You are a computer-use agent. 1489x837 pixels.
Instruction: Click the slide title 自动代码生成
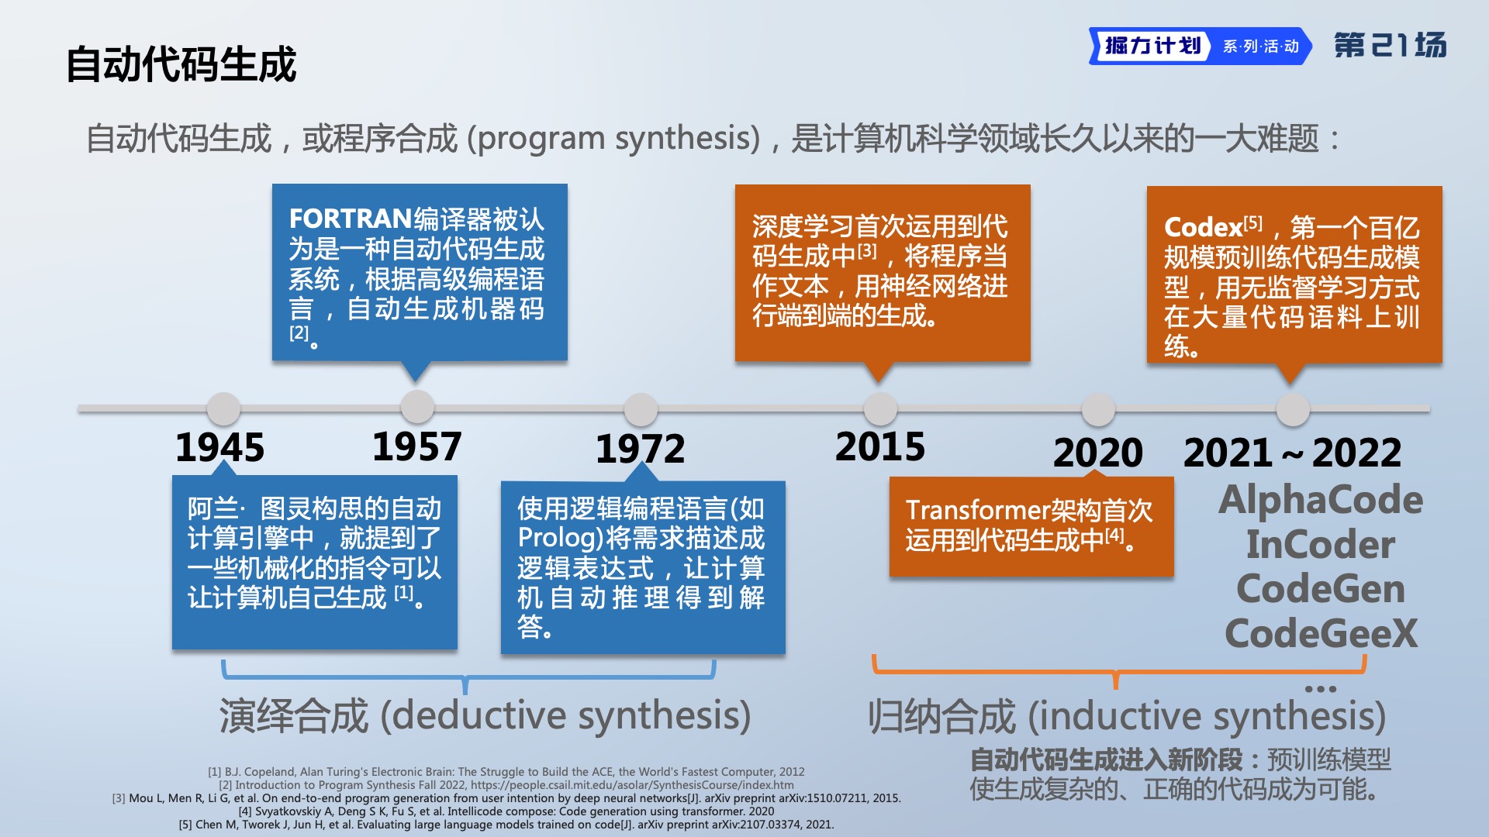point(181,64)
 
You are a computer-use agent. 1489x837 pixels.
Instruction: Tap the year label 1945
point(220,448)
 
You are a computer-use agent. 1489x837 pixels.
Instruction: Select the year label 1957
point(417,446)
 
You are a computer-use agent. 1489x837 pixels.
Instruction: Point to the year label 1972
point(641,449)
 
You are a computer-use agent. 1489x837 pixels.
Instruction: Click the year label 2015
point(880,446)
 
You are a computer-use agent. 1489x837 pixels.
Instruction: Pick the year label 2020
point(1098,453)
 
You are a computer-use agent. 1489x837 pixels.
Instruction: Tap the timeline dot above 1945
point(223,408)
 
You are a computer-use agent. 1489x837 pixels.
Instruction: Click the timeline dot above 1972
point(641,408)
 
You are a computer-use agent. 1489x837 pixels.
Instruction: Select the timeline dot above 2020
point(1098,409)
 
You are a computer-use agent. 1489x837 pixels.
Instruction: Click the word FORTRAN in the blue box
point(350,219)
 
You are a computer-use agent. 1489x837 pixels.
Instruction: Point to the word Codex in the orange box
point(1204,227)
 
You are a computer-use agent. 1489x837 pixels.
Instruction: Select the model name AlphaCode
point(1321,500)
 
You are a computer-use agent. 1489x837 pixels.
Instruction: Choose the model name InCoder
point(1321,544)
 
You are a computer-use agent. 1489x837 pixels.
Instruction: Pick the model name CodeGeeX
point(1321,633)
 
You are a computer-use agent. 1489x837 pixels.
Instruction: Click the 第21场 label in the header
point(1390,45)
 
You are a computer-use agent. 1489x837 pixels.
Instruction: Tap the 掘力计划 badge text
point(1152,46)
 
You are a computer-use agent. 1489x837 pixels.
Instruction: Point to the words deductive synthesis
point(565,715)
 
